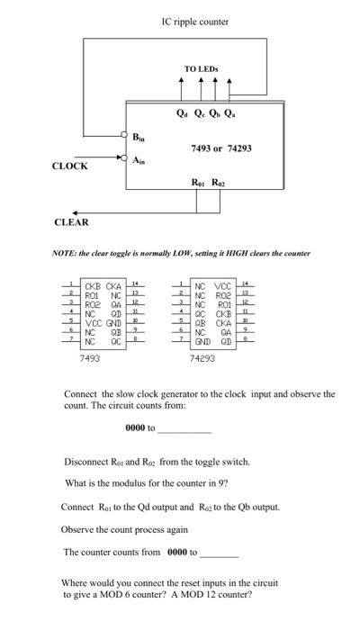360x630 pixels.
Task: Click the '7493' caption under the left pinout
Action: point(89,356)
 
